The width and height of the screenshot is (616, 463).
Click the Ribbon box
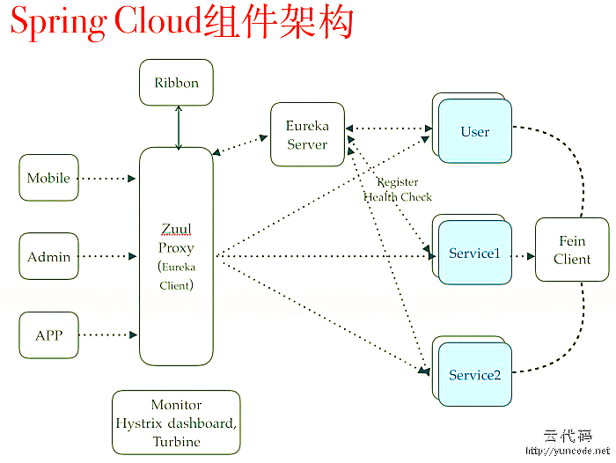pyautogui.click(x=176, y=83)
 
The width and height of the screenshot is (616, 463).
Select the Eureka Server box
pyautogui.click(x=307, y=135)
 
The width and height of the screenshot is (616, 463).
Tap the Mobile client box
pyautogui.click(x=48, y=178)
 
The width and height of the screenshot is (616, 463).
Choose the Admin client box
pyautogui.click(x=48, y=257)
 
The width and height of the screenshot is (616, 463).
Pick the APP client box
pyautogui.click(x=48, y=335)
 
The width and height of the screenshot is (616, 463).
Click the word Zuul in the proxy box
pyautogui.click(x=176, y=231)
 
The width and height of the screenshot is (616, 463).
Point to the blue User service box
pyautogui.click(x=475, y=132)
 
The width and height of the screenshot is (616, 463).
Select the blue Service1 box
pyautogui.click(x=475, y=254)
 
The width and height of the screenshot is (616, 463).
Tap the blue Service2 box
pyautogui.click(x=475, y=375)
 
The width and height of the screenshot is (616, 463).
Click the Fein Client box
pyautogui.click(x=572, y=250)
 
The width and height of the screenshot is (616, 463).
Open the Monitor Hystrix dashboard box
pyautogui.click(x=176, y=423)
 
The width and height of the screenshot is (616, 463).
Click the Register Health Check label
pyautogui.click(x=398, y=190)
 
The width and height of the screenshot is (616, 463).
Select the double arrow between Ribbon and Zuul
pyautogui.click(x=179, y=127)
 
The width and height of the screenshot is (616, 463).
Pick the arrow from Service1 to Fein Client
pyautogui.click(x=524, y=257)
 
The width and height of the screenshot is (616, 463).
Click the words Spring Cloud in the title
pyautogui.click(x=106, y=24)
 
